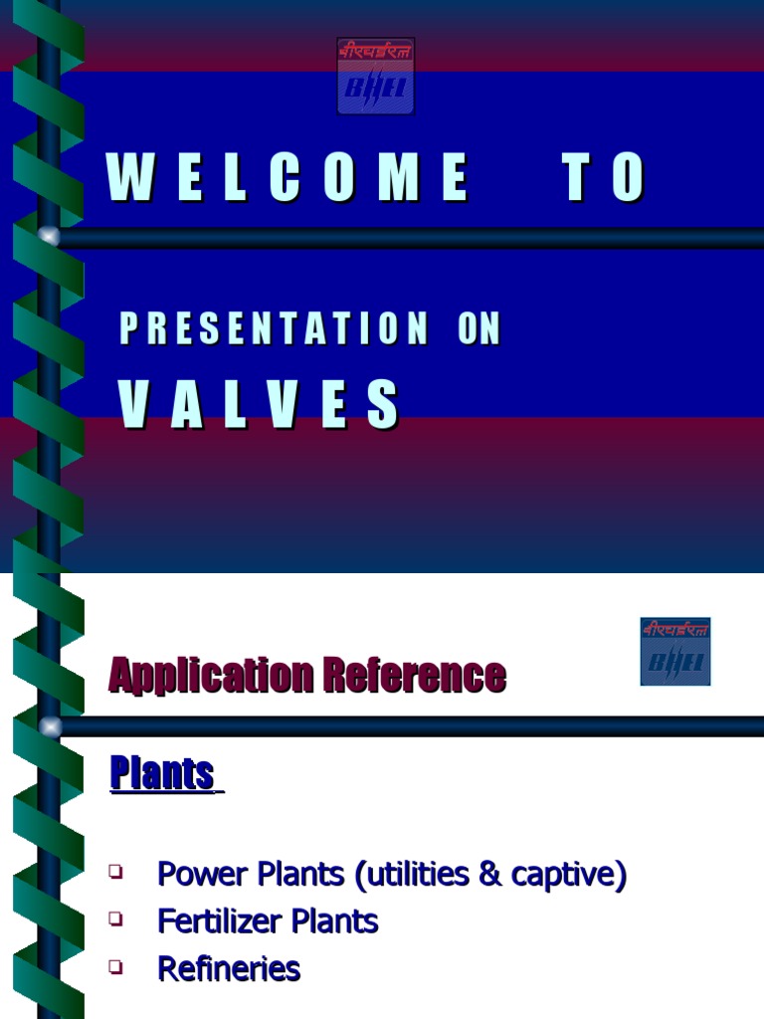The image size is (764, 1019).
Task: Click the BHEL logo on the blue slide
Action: point(375,77)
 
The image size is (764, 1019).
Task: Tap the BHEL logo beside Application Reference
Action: point(674,652)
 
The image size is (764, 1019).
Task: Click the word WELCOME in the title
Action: point(287,179)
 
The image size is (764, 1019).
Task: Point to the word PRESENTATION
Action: point(274,329)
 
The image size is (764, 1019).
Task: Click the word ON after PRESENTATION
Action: point(479,329)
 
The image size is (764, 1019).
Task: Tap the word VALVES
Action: point(260,403)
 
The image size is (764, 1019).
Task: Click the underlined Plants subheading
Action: point(162,773)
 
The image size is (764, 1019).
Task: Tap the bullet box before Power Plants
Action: point(116,872)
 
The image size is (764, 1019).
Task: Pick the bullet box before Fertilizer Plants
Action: point(116,919)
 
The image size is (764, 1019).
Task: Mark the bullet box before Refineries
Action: point(116,966)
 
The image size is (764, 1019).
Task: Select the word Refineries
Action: point(229,968)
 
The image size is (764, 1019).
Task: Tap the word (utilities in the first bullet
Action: point(413,875)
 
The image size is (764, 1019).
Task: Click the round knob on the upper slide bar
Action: point(49,237)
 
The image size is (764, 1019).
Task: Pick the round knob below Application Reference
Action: point(49,726)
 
